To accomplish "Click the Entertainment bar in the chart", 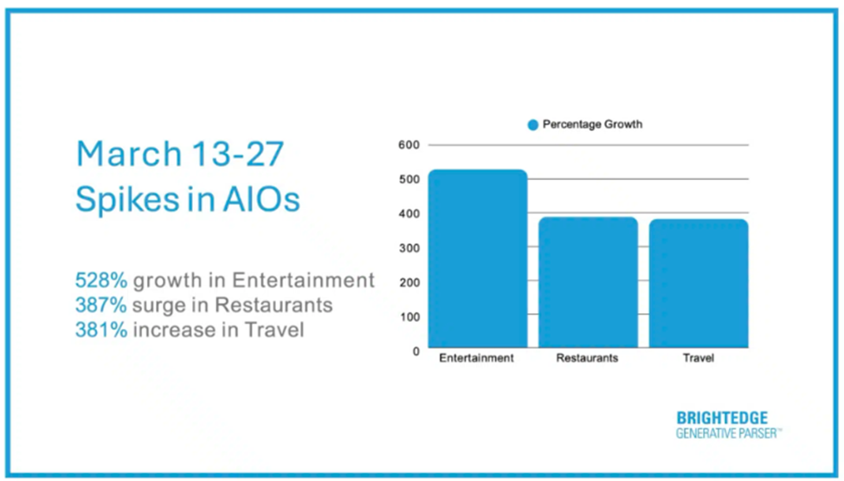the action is point(478,259).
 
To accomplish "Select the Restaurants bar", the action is point(589,282).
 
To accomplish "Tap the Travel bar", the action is point(699,283).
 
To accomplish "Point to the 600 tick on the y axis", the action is point(409,144).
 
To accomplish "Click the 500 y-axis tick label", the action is point(409,179).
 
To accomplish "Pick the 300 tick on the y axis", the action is point(409,248).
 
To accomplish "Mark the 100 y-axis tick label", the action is point(409,317).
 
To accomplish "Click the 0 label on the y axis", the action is point(416,351).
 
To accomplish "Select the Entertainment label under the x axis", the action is point(476,358).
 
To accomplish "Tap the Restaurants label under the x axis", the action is point(587,358).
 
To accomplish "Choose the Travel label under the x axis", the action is point(698,358).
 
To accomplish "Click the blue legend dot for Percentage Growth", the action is point(533,125).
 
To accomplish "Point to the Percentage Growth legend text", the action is point(592,125).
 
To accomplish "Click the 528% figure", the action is point(101,280).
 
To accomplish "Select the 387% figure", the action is point(101,305).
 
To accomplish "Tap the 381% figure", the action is point(101,330).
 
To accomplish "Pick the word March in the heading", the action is point(129,154).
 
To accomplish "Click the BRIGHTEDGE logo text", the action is point(722,418).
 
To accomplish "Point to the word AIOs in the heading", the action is point(261,199).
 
